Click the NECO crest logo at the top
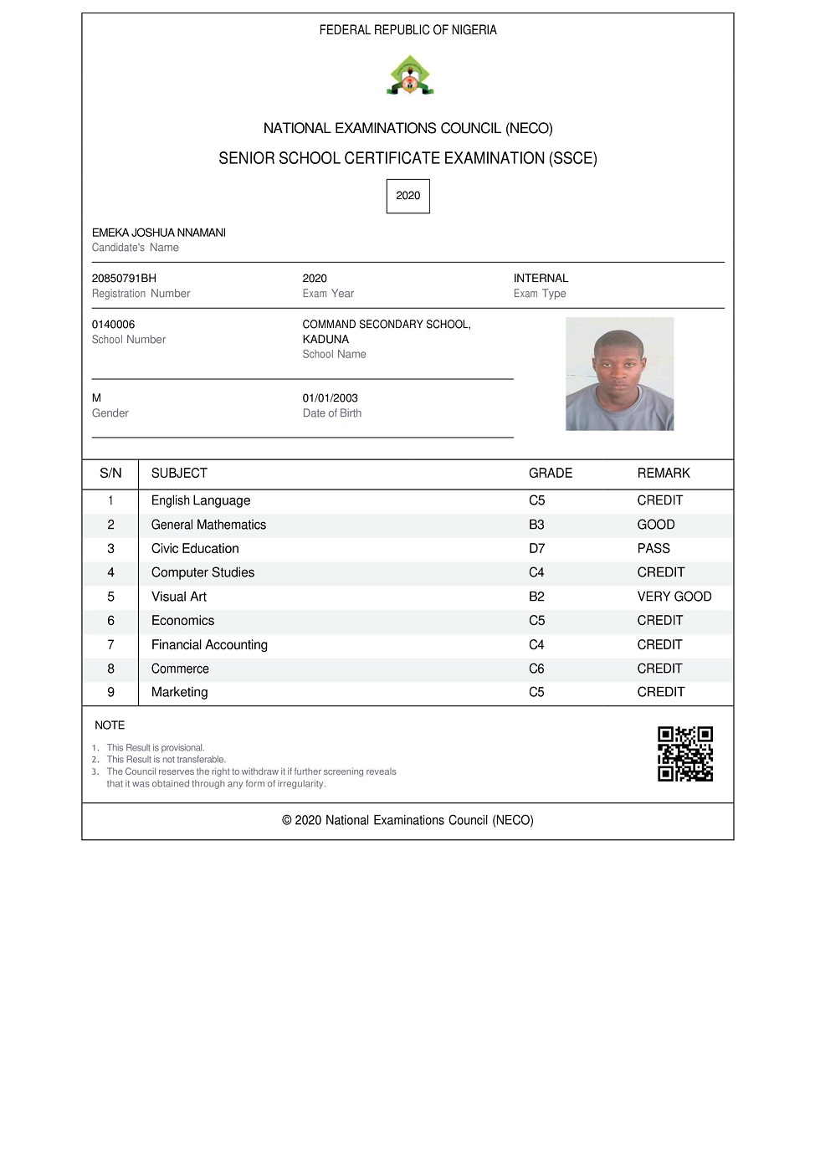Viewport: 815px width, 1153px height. coord(409,75)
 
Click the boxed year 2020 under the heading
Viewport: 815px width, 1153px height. coord(407,196)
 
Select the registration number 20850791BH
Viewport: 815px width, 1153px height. coord(124,279)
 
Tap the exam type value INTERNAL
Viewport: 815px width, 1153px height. coord(541,279)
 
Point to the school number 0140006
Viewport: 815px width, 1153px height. coord(113,325)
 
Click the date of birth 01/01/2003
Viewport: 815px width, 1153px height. coord(330,398)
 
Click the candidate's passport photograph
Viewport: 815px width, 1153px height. coord(619,374)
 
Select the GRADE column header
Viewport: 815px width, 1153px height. coord(551,474)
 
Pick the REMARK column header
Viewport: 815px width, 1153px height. coord(664,474)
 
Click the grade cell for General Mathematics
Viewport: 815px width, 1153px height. coord(536,525)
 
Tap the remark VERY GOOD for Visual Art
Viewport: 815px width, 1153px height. coord(674,597)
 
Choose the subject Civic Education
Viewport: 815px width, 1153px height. coord(195,549)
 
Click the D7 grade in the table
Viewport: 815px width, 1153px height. coord(536,549)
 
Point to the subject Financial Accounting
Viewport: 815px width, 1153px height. coord(209,645)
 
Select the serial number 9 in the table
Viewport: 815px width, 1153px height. coord(110,693)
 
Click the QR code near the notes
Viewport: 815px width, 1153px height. coord(685,754)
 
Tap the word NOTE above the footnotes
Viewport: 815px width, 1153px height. coord(110,725)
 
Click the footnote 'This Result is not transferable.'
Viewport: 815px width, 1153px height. coord(166,760)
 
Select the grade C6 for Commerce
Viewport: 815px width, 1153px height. coord(536,669)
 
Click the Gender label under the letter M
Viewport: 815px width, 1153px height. coord(110,413)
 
